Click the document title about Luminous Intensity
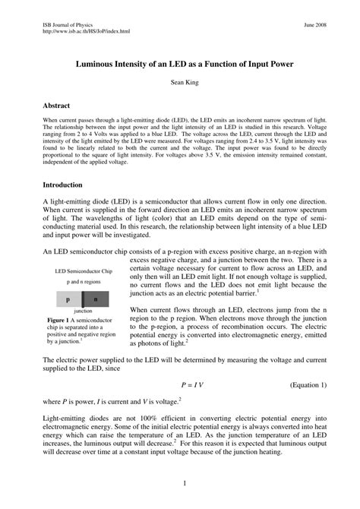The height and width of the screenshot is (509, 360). pyautogui.click(x=180, y=65)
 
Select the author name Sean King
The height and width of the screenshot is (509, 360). pyautogui.click(x=180, y=84)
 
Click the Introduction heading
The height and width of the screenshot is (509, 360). pyautogui.click(x=64, y=185)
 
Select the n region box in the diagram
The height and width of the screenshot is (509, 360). pyautogui.click(x=96, y=299)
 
